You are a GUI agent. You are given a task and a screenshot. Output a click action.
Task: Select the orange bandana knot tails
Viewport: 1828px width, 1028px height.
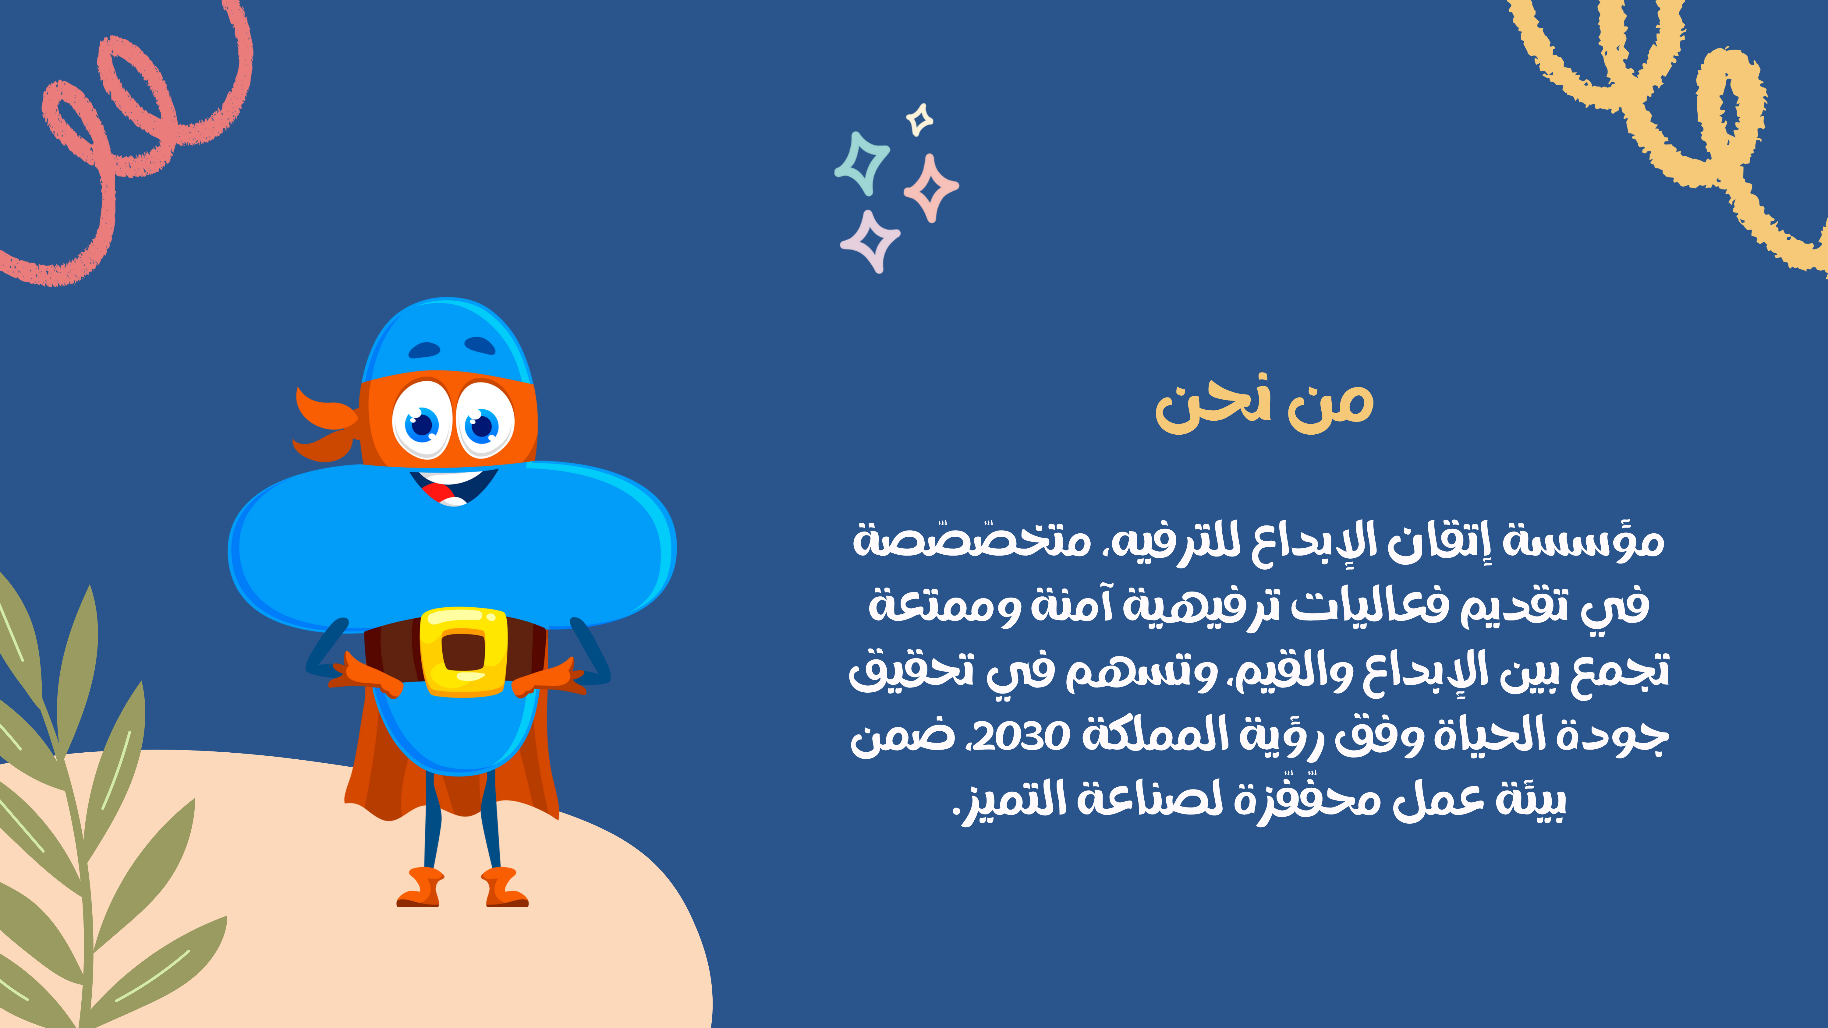[x=325, y=424]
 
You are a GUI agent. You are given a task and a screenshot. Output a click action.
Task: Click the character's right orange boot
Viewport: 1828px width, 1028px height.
[x=420, y=887]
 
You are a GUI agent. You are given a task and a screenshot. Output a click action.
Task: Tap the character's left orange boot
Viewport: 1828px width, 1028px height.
[x=505, y=887]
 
